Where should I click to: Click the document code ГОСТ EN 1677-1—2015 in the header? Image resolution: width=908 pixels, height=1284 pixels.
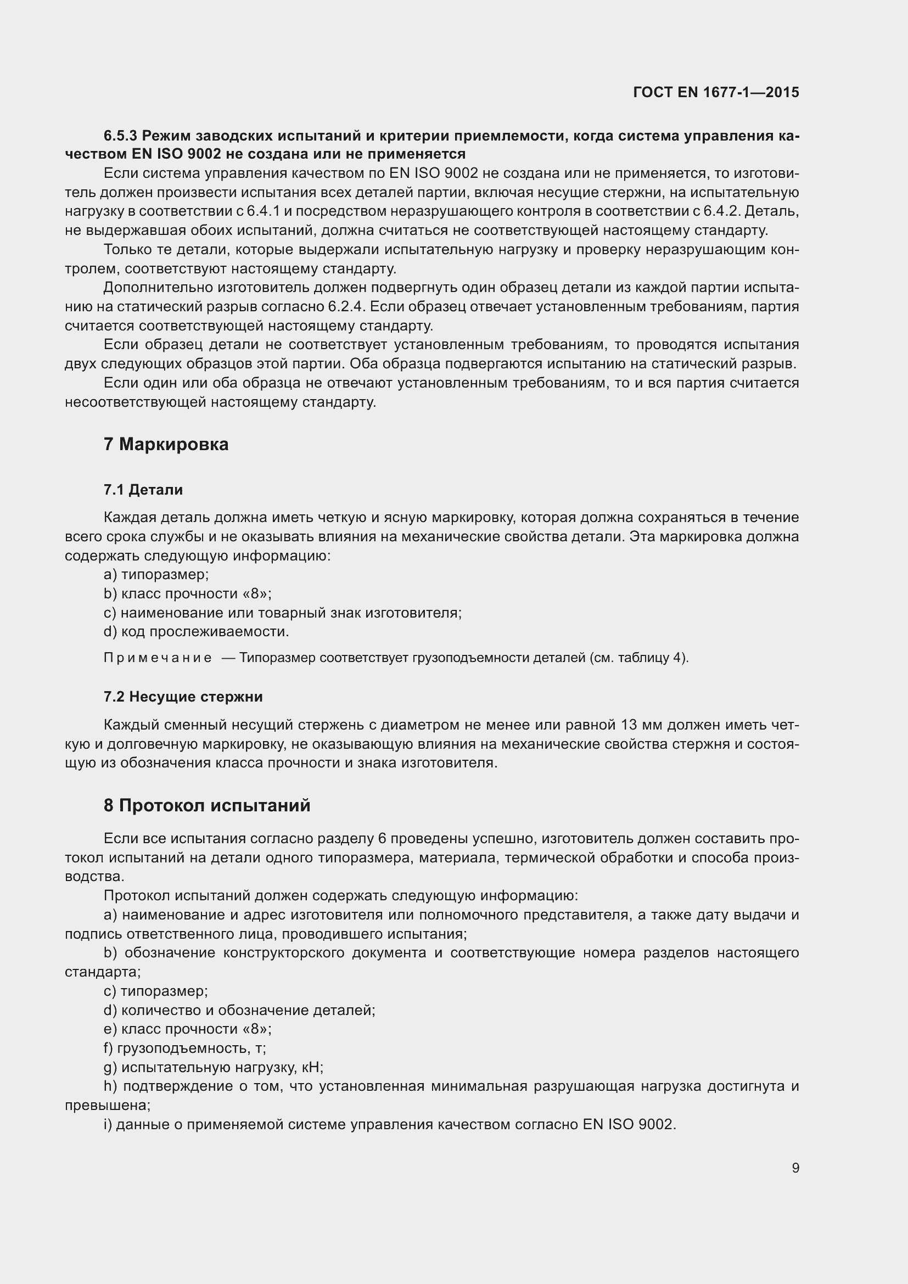click(x=716, y=92)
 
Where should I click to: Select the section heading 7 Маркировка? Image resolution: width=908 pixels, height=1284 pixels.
click(x=166, y=445)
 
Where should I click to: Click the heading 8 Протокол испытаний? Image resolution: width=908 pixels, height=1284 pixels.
click(x=207, y=806)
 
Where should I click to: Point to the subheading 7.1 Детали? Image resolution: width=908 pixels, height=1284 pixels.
click(x=143, y=490)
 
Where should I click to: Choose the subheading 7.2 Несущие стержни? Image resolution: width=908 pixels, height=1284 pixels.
click(x=183, y=697)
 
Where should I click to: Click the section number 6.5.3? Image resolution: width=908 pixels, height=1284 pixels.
click(x=120, y=136)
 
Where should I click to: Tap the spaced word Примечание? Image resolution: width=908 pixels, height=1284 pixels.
click(x=158, y=658)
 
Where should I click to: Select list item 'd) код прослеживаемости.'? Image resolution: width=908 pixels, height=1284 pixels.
click(x=196, y=632)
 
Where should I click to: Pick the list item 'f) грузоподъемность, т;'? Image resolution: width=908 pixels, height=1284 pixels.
click(x=184, y=1048)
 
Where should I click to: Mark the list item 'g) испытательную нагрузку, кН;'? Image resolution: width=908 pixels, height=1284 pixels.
click(x=214, y=1067)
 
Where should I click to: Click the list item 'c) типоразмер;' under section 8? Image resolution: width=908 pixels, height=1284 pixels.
click(x=156, y=991)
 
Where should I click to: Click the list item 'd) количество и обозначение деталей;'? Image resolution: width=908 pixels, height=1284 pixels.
click(x=239, y=1010)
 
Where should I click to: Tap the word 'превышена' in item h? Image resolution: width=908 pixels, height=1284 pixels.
click(x=105, y=1105)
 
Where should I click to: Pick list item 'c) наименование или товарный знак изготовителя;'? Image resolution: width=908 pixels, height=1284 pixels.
click(x=282, y=613)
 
